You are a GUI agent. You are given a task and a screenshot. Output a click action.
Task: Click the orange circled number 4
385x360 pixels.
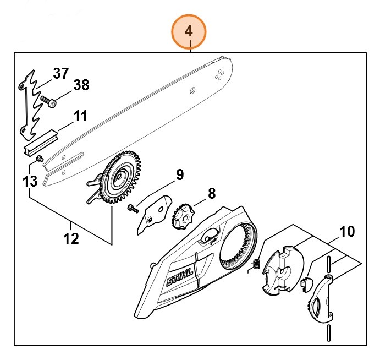[189, 31]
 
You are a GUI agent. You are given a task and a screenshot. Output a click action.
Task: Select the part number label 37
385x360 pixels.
[61, 73]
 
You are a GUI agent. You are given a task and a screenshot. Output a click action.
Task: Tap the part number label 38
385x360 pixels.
[81, 85]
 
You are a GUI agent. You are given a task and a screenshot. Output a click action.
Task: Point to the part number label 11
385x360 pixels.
[80, 117]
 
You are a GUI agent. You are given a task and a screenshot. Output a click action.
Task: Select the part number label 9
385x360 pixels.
[179, 176]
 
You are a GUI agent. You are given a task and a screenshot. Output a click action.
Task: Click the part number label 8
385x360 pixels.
[211, 193]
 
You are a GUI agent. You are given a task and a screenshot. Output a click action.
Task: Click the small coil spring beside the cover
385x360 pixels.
[255, 264]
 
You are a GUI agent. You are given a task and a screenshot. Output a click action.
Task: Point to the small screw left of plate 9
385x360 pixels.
[132, 209]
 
